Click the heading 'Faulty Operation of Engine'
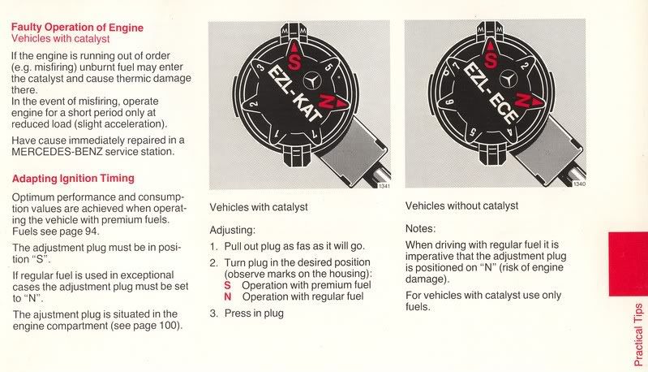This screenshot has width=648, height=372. click(77, 28)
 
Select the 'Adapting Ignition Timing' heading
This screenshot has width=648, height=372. click(73, 179)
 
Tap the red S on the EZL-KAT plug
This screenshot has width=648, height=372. click(294, 62)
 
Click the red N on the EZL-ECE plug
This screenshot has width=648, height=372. click(522, 100)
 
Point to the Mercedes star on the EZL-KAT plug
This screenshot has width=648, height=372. click(312, 81)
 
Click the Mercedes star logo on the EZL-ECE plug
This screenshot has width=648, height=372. click(509, 79)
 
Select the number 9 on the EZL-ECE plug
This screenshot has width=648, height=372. click(451, 102)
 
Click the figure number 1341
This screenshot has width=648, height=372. click(384, 186)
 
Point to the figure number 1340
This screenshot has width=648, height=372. click(579, 184)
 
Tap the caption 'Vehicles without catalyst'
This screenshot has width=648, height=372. click(461, 205)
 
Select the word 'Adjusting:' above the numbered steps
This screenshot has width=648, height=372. click(233, 230)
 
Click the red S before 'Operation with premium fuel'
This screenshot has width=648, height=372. click(227, 285)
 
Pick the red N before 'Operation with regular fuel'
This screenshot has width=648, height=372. click(228, 296)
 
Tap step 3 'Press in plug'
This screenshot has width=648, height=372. click(247, 314)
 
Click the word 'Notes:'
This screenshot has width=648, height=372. click(420, 228)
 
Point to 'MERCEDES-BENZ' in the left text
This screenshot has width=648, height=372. click(57, 151)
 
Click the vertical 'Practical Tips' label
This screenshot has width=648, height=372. click(638, 335)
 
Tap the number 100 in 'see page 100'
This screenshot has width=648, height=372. click(169, 325)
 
